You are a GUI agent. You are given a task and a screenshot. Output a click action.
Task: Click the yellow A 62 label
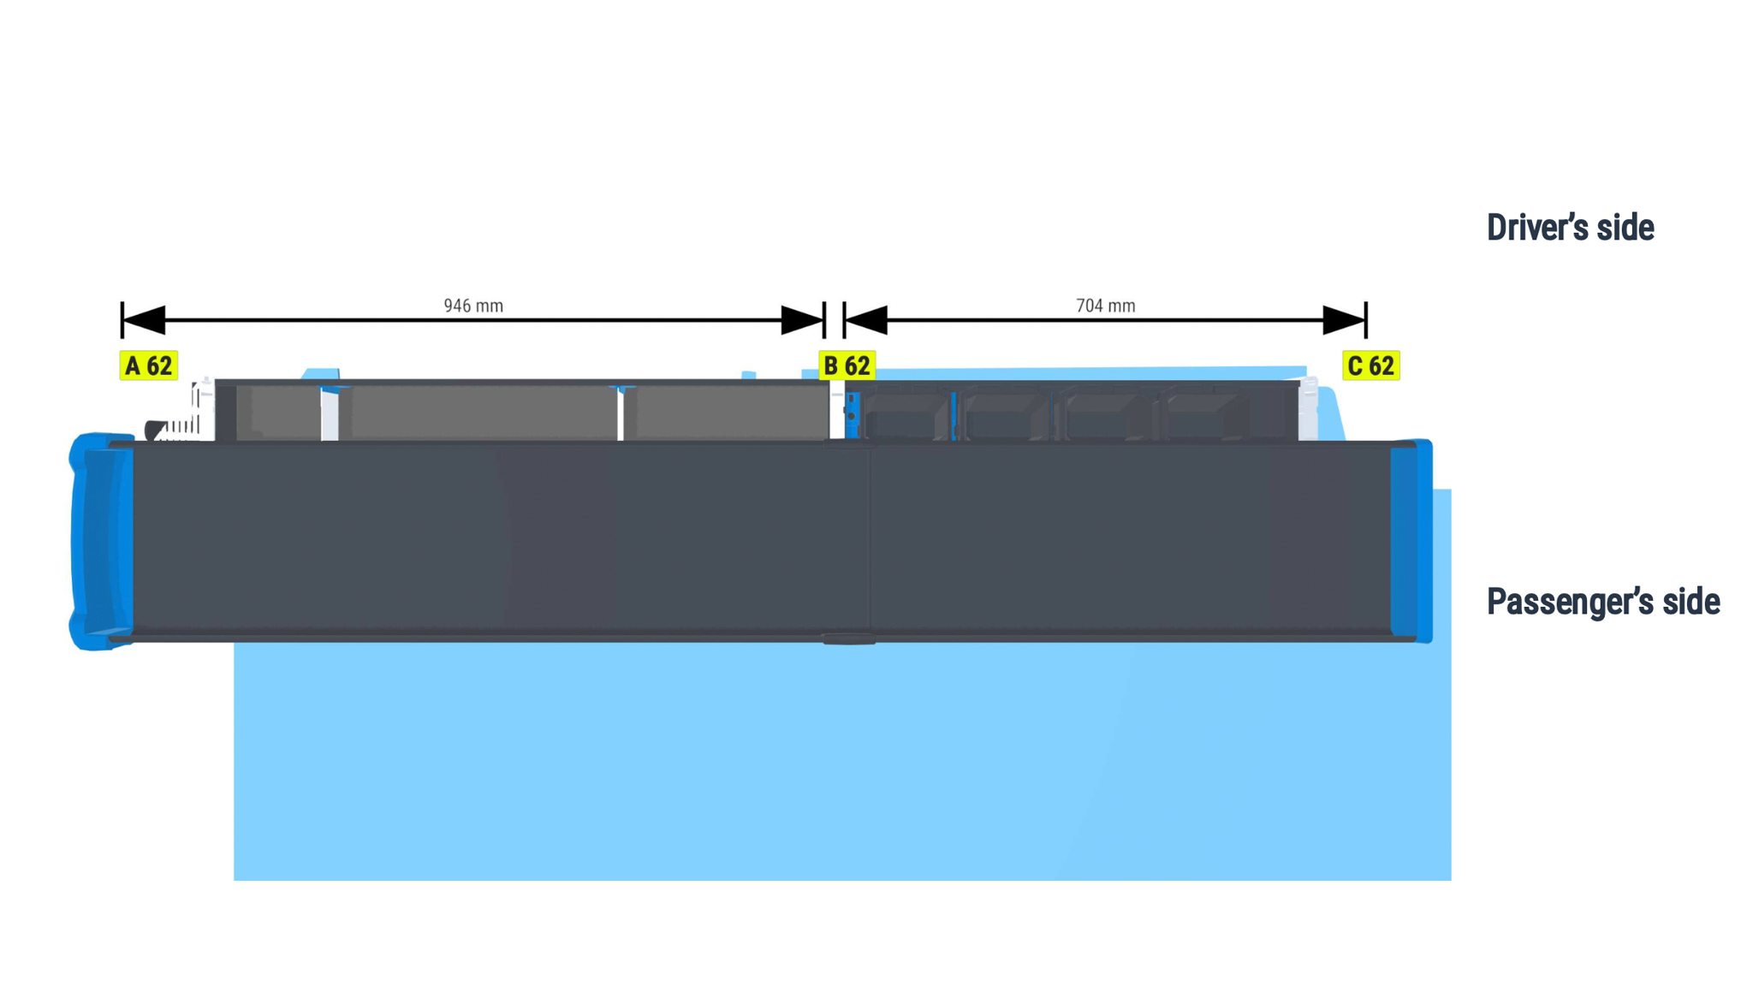149,365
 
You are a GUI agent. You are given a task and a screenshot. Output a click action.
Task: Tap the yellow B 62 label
847,365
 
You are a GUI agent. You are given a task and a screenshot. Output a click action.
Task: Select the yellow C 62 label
1371,365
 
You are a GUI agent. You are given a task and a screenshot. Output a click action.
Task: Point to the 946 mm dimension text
473,306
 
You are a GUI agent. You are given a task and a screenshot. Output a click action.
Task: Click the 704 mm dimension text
1105,306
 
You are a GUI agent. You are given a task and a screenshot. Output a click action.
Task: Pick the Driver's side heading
1570,228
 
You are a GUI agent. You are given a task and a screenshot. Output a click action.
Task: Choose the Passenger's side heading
1603,602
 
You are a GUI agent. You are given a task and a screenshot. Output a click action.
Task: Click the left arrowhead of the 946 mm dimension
144,320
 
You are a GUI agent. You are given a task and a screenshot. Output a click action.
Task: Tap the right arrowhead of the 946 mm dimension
802,320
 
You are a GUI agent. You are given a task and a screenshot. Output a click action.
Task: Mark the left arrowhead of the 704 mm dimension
866,320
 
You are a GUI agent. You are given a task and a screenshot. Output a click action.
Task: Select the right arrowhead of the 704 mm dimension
1344,320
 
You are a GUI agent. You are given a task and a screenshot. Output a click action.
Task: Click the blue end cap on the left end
101,541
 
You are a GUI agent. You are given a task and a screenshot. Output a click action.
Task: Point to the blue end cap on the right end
1411,541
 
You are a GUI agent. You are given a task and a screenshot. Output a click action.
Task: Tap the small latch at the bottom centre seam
848,639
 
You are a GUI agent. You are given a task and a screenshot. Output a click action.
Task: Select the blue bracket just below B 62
852,415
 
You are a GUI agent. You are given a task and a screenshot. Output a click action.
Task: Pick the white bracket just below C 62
1308,410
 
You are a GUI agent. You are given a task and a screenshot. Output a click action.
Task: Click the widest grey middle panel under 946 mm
483,413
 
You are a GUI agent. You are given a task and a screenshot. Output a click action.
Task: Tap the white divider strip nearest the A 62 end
330,414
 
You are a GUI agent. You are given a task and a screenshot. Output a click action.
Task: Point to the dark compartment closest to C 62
1203,414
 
